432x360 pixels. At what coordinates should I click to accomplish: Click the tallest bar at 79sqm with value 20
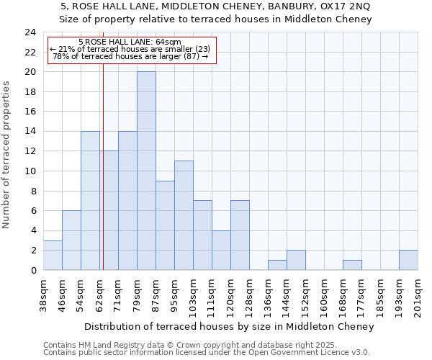(146, 171)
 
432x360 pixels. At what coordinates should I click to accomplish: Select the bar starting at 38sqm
(53, 255)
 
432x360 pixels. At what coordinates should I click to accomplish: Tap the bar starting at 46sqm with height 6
(71, 240)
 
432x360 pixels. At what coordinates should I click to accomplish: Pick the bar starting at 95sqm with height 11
(184, 215)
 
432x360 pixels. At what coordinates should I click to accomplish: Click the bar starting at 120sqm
(240, 235)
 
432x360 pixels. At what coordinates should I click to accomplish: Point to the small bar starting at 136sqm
(277, 265)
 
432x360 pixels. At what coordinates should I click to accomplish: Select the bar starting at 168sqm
(352, 265)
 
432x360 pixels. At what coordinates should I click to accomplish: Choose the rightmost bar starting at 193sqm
(408, 260)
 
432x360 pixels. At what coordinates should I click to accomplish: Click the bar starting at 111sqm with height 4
(221, 250)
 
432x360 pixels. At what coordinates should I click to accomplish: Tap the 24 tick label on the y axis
(30, 32)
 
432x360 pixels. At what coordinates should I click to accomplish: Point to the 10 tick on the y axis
(30, 171)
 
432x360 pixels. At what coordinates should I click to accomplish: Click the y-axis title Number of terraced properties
(6, 154)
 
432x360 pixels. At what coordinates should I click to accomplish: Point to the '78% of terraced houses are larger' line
(130, 56)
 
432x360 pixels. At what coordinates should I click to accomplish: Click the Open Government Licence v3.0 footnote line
(207, 352)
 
